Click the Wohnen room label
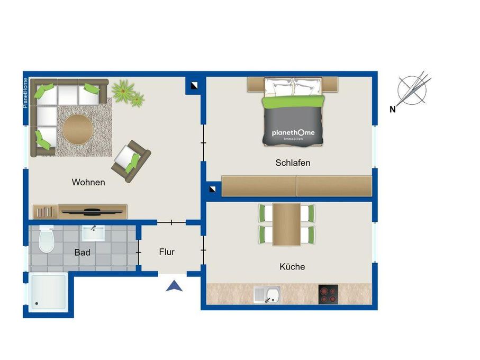tap(88, 182)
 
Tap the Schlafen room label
tap(293, 163)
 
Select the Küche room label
tap(292, 267)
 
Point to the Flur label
tap(167, 252)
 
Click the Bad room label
tap(82, 253)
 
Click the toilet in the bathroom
tap(47, 239)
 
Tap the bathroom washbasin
tap(93, 233)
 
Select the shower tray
tap(48, 293)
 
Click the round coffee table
tap(78, 129)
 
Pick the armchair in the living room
tap(131, 161)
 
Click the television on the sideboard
tap(91, 211)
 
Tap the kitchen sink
tap(267, 294)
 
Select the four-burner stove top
tap(328, 294)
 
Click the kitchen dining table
tap(286, 224)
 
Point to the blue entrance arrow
tap(174, 286)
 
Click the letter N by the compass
tap(393, 109)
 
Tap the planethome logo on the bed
tap(293, 133)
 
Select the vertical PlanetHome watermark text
tap(25, 93)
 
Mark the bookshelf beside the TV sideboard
tap(46, 212)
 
